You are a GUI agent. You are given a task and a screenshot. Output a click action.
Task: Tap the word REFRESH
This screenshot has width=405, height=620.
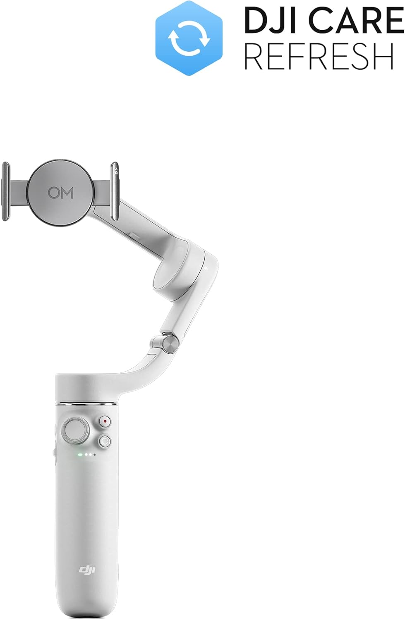coord(319,56)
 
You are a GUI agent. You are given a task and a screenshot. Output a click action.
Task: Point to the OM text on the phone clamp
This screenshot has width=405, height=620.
coord(60,193)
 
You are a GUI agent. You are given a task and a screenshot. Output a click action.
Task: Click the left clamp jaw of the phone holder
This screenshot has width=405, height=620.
coord(5,191)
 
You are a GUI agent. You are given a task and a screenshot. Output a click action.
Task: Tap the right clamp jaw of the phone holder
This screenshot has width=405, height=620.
coord(115,191)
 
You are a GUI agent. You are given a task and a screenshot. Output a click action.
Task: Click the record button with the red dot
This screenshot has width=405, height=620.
coord(105,422)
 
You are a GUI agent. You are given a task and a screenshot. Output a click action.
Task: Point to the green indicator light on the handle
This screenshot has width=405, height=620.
coord(80,455)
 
